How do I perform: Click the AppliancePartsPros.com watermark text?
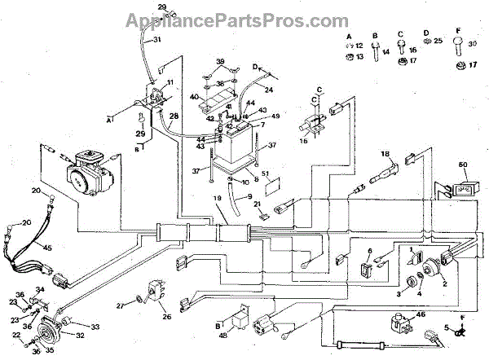pyautogui.click(x=244, y=16)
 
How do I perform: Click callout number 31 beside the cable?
pyautogui.click(x=157, y=39)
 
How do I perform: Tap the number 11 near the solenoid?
pyautogui.click(x=170, y=84)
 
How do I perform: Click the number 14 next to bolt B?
pyautogui.click(x=386, y=51)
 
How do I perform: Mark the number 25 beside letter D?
pyautogui.click(x=438, y=40)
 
